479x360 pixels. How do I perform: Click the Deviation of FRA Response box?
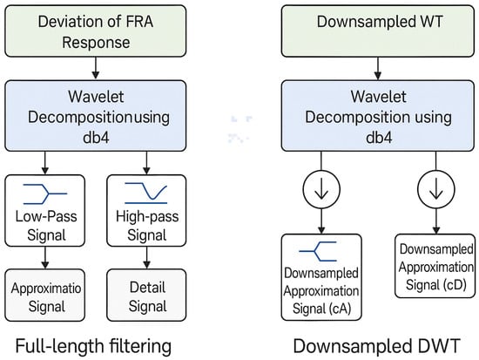click(x=95, y=31)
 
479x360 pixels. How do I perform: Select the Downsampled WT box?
click(x=378, y=31)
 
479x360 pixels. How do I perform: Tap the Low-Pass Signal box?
click(x=45, y=210)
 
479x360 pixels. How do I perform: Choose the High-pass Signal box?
click(x=146, y=210)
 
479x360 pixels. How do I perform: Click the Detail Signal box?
click(x=146, y=295)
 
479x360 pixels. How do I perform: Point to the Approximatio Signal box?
click(x=45, y=295)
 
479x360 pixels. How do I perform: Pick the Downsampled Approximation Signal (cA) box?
click(x=321, y=277)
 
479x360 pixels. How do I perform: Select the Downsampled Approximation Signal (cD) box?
click(x=435, y=266)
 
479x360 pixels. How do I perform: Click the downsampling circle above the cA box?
click(x=321, y=189)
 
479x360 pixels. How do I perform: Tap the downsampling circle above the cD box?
click(x=436, y=189)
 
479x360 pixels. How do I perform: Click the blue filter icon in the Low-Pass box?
click(x=45, y=194)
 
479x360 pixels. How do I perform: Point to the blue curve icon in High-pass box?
click(x=146, y=194)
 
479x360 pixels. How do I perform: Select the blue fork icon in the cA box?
click(x=318, y=251)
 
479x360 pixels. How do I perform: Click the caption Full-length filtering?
click(x=93, y=346)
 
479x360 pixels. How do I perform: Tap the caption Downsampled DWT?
click(x=376, y=346)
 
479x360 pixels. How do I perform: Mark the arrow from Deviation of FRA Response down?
click(x=96, y=68)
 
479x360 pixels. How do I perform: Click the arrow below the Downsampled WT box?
click(x=378, y=69)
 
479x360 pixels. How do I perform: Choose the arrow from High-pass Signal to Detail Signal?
click(x=146, y=257)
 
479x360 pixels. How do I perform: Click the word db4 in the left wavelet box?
click(x=96, y=138)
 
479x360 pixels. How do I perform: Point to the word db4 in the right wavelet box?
click(x=379, y=138)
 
